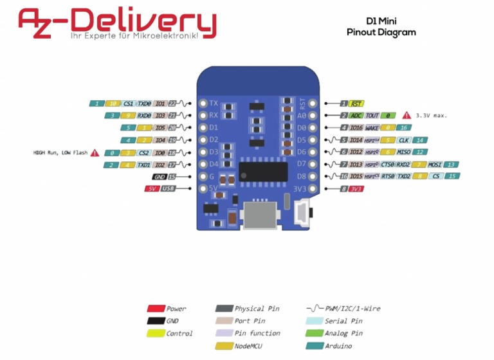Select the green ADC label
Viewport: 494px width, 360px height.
pos(356,115)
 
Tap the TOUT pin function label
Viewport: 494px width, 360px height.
pos(372,115)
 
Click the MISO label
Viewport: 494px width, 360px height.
pos(404,152)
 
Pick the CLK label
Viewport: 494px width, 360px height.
pos(404,139)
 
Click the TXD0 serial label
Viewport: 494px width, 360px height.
pos(144,103)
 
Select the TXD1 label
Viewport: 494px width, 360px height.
pos(144,165)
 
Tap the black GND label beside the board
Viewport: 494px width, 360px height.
pos(160,176)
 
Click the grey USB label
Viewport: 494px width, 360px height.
pos(168,188)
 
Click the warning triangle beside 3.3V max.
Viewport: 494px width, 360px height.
pos(407,115)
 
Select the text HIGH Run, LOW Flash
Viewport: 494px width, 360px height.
pos(60,152)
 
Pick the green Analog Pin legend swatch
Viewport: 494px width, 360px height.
pos(314,333)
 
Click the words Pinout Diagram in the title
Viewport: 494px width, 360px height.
pos(381,32)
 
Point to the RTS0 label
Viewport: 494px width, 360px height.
pos(388,176)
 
